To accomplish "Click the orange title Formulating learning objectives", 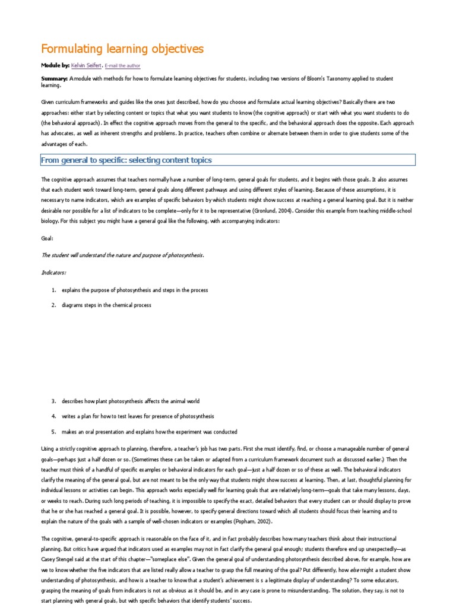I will pyautogui.click(x=122, y=48).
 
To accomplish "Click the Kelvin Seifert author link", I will pyautogui.click(x=87, y=65).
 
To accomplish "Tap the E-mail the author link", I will pyautogui.click(x=123, y=66).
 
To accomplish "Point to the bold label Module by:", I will pyautogui.click(x=55, y=65).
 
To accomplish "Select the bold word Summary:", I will pyautogui.click(x=54, y=79).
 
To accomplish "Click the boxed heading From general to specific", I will pyautogui.click(x=126, y=160).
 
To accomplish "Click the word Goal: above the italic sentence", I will pyautogui.click(x=47, y=237).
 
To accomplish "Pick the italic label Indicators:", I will pyautogui.click(x=54, y=273).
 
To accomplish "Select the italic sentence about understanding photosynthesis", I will pyautogui.click(x=122, y=255).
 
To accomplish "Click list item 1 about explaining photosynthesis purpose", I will pyautogui.click(x=134, y=290).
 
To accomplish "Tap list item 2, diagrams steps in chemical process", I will pyautogui.click(x=106, y=305).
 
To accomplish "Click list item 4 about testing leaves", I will pyautogui.click(x=138, y=416).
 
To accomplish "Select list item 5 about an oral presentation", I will pyautogui.click(x=149, y=432).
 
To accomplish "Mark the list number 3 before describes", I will pyautogui.click(x=53, y=401).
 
